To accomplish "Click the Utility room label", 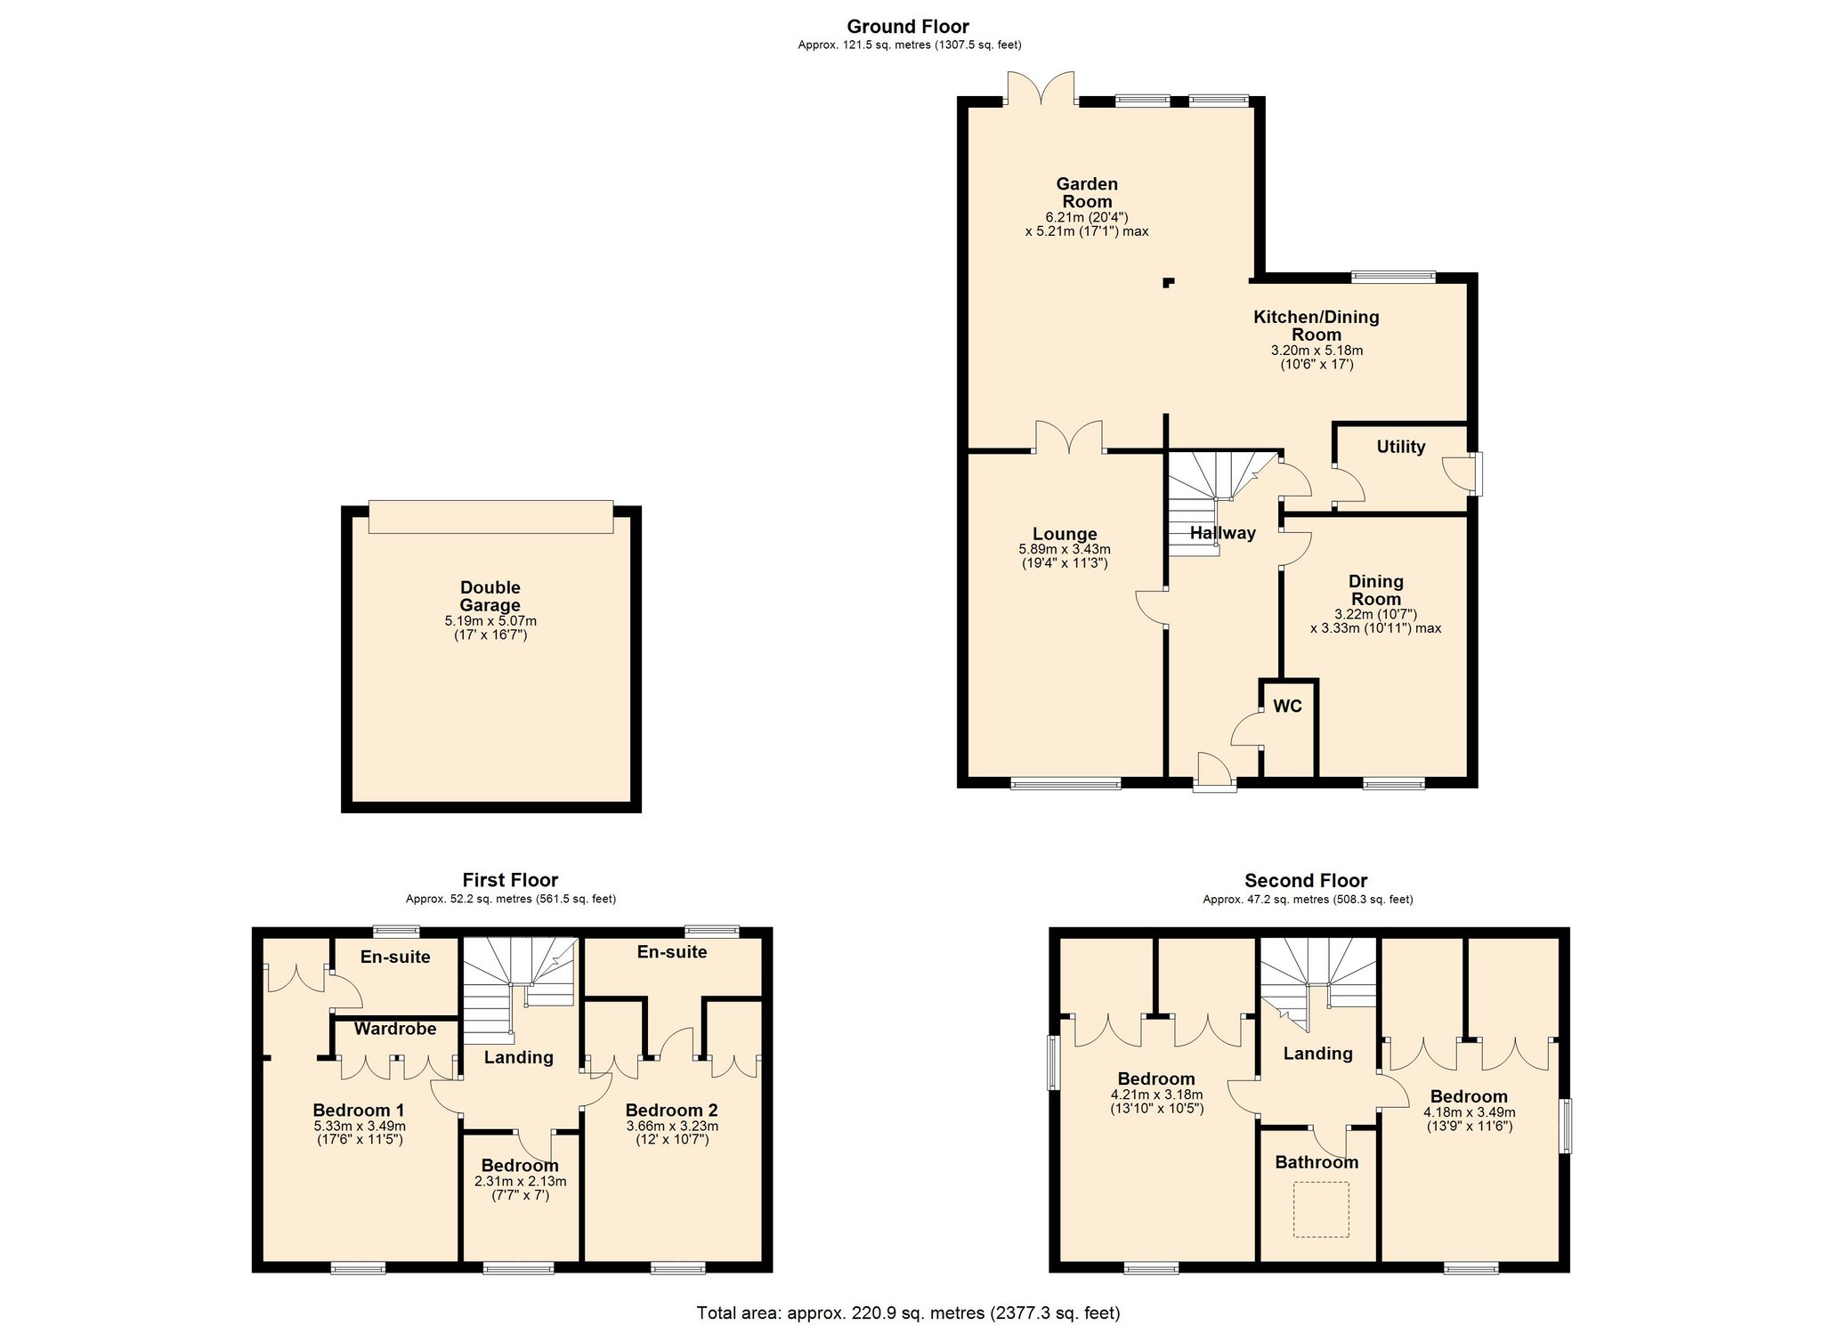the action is (1400, 447).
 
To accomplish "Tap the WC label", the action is (1287, 707).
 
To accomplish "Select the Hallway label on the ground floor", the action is (1222, 533).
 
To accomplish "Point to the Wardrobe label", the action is (395, 1029).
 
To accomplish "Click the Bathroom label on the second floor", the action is (1317, 1162).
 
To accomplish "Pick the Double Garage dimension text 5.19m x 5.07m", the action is (490, 621).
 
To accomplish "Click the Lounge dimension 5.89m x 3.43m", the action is (1065, 550).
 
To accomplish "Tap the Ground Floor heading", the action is (908, 27).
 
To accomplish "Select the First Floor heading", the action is (510, 880).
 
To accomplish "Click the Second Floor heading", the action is (1306, 880).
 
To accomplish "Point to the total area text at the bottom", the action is (908, 1313).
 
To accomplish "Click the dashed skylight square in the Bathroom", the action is (1321, 1209).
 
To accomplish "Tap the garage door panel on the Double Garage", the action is (490, 517).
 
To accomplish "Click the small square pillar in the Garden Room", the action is (1168, 284).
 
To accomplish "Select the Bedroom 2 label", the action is (671, 1111).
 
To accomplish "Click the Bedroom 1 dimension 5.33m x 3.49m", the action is (360, 1126).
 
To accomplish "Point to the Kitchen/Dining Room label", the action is (1317, 326).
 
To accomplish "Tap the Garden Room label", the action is (1087, 193).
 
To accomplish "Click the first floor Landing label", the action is (518, 1057).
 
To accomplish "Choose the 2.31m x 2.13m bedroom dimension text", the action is (520, 1182).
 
